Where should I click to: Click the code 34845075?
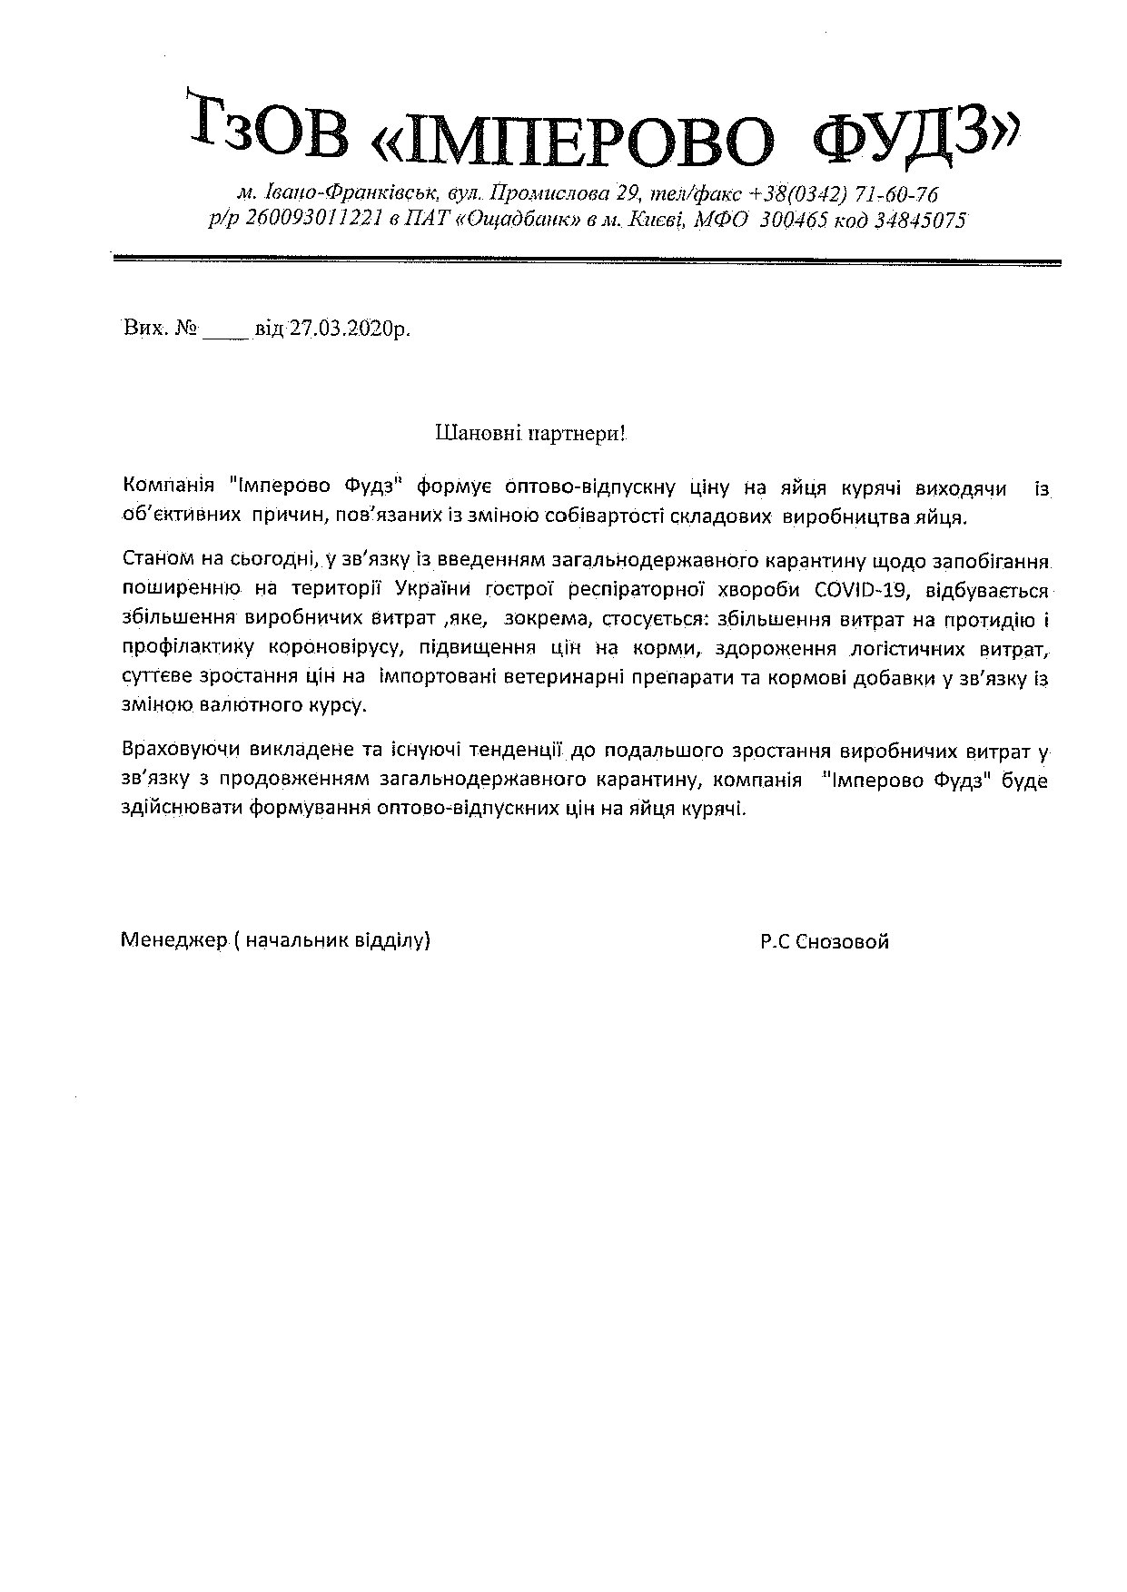(x=919, y=220)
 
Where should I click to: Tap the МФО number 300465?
(x=793, y=220)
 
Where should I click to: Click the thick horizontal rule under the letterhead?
(x=587, y=261)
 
